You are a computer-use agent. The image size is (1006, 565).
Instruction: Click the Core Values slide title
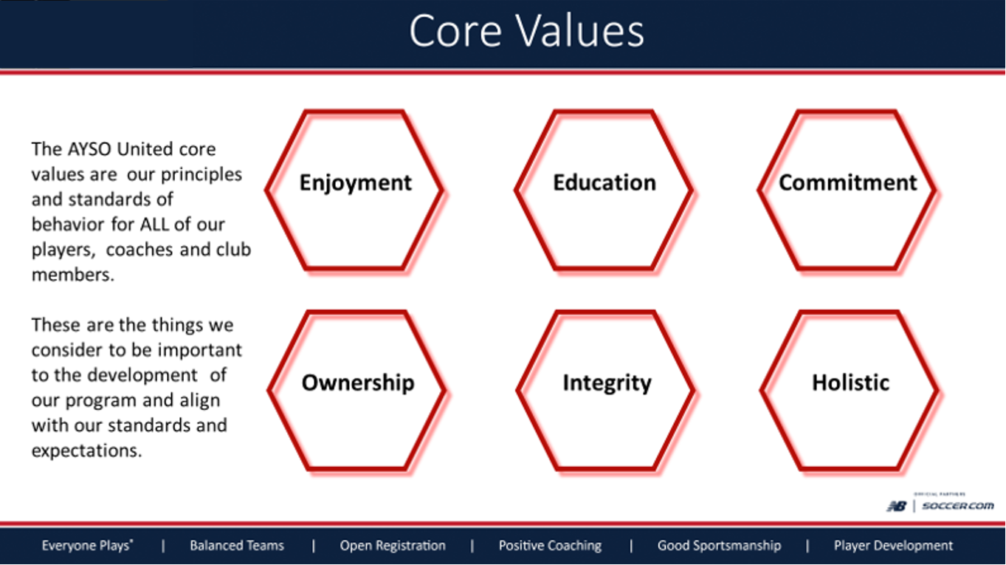[x=526, y=32]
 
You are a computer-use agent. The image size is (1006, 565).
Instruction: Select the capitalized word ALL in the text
[x=154, y=225]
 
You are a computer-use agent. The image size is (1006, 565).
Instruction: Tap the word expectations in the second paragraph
[x=86, y=451]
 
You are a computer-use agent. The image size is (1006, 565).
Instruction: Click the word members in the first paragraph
[x=72, y=275]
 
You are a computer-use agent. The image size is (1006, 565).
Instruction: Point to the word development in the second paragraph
[x=142, y=375]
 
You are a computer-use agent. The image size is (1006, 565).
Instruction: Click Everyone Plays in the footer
[x=87, y=546]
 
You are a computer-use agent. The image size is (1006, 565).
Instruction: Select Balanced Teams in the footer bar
[x=236, y=546]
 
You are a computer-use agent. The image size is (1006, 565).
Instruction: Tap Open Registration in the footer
[x=392, y=546]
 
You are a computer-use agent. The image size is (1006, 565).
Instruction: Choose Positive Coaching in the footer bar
[x=550, y=546]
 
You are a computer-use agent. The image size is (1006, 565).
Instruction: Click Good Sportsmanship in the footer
[x=718, y=546]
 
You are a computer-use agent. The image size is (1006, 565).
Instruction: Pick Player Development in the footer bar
[x=893, y=546]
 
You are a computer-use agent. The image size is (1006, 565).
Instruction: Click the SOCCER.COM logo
[x=957, y=506]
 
